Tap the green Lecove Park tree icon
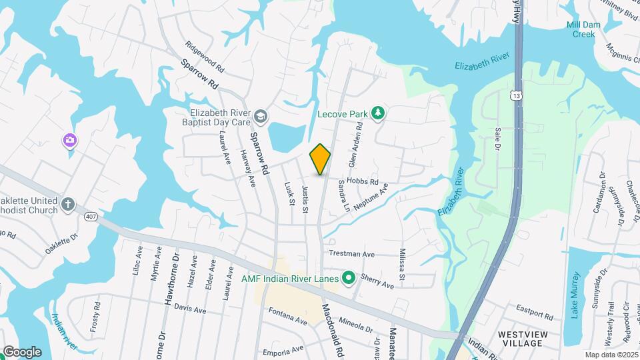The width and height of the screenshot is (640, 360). pyautogui.click(x=379, y=113)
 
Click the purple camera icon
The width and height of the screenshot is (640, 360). pyautogui.click(x=69, y=140)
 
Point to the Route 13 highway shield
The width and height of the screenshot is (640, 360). pyautogui.click(x=517, y=96)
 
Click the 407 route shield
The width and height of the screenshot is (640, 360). pyautogui.click(x=91, y=217)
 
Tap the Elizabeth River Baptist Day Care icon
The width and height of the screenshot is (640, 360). pyautogui.click(x=259, y=117)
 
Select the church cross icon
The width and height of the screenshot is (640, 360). pyautogui.click(x=67, y=204)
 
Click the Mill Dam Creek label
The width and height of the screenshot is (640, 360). pyautogui.click(x=580, y=29)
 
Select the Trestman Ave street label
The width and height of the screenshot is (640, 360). pyautogui.click(x=352, y=254)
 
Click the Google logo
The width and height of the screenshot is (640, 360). pyautogui.click(x=22, y=351)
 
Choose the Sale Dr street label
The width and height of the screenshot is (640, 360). pyautogui.click(x=497, y=139)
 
